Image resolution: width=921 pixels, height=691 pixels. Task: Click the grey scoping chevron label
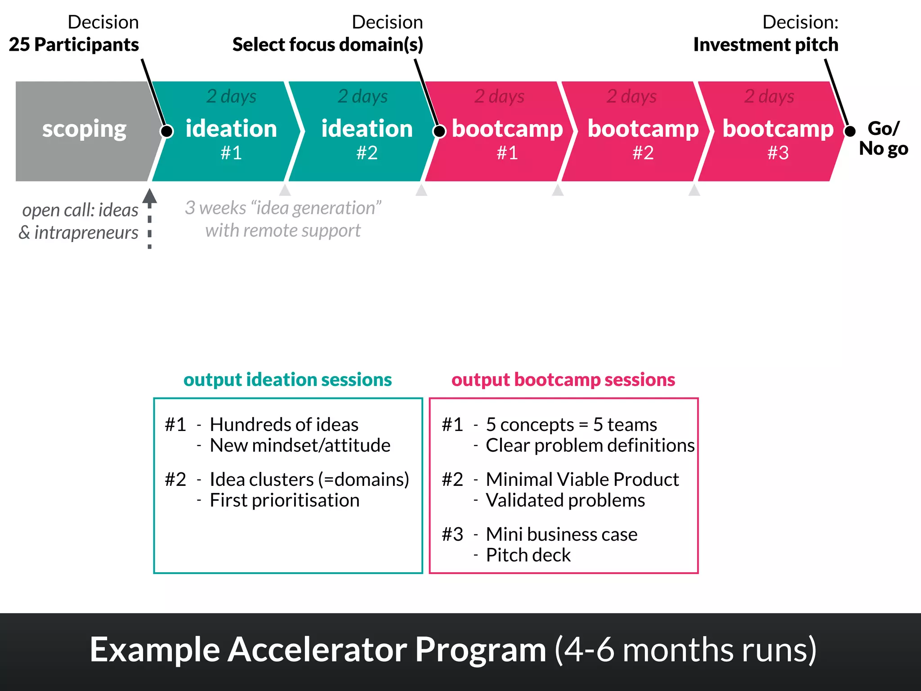point(84,129)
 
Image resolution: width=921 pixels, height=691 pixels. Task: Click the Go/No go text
point(883,138)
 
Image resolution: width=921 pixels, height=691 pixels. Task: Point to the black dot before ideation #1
point(167,131)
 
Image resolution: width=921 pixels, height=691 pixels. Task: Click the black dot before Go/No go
point(849,131)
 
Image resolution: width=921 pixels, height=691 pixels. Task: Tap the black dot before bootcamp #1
point(439,131)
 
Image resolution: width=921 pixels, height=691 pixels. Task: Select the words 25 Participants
point(74,45)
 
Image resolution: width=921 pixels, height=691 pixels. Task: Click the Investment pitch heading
point(765,45)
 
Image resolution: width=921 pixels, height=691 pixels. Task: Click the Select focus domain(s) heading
point(327,45)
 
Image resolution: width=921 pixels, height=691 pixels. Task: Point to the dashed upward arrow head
point(150,196)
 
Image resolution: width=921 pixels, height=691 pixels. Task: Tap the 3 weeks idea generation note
point(283,219)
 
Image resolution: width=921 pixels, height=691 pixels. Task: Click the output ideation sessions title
point(287,379)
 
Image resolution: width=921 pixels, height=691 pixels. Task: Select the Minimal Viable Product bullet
point(582,480)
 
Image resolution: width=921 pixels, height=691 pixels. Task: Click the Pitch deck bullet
point(528,555)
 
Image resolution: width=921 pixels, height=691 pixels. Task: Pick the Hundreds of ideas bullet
point(284,425)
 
